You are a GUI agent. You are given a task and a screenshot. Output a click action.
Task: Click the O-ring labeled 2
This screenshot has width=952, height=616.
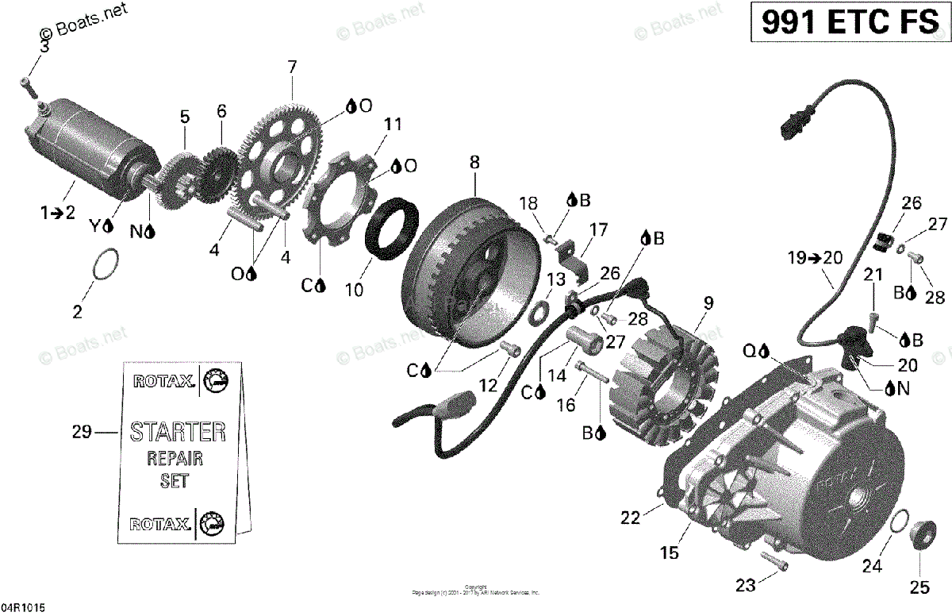coord(107,264)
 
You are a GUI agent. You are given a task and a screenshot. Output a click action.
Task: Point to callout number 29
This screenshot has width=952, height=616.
coord(82,433)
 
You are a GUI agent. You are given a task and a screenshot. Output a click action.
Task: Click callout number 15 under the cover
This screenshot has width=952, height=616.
coord(670,553)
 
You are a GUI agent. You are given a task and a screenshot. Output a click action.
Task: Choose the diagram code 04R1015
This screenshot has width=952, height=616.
coord(23,607)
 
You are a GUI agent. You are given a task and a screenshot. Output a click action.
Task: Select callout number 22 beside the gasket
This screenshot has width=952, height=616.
coord(630,518)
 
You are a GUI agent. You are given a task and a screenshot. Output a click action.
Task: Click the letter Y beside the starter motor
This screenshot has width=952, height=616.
coord(96,225)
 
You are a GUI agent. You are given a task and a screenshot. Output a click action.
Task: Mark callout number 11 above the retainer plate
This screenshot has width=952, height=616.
coord(393,125)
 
